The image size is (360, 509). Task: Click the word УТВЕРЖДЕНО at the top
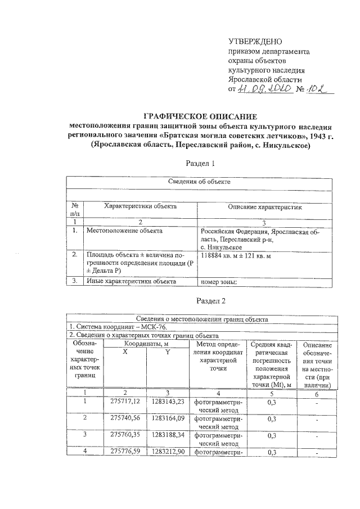coord(255,42)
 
